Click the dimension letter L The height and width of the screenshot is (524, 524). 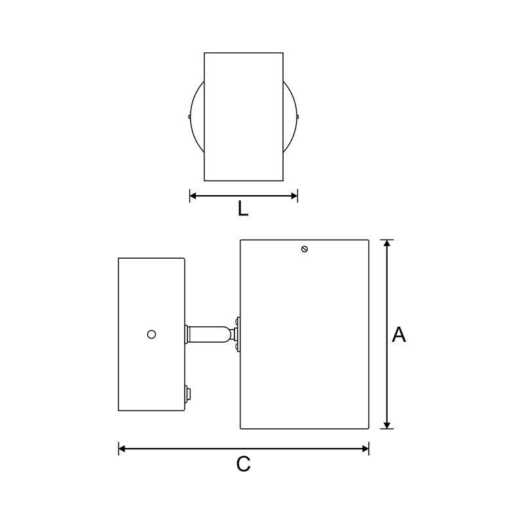tap(243, 209)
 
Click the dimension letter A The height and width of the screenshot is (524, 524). tap(399, 335)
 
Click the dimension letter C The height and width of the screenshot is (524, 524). tap(243, 464)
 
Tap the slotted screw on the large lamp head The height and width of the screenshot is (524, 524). tap(304, 249)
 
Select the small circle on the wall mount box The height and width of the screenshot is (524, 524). tap(151, 334)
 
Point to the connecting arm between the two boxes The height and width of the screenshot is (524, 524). tap(210, 334)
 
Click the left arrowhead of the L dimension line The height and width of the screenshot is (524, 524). tap(193, 196)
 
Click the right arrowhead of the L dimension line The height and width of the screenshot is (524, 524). tap(294, 196)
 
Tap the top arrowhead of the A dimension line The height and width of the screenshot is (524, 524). tap(386, 243)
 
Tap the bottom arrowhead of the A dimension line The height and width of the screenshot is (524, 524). tap(386, 425)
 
